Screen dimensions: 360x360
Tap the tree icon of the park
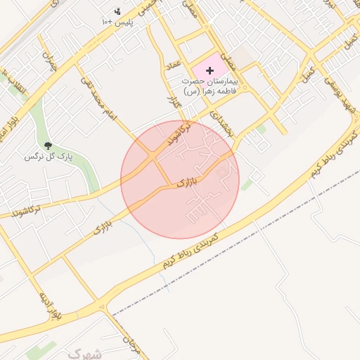(48, 146)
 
